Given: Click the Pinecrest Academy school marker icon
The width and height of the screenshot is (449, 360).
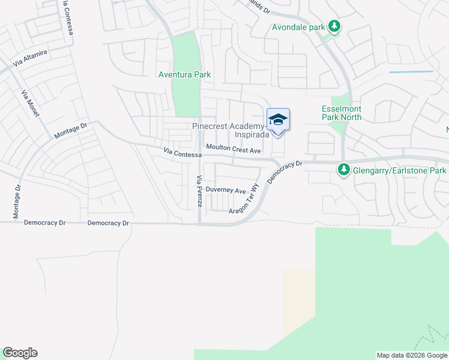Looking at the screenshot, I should click(x=278, y=120).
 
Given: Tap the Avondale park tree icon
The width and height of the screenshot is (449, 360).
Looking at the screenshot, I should click(x=335, y=26).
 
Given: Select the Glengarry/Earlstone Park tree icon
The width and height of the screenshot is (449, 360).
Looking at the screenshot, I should click(x=344, y=170).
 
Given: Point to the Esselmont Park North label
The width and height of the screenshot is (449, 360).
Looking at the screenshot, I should click(x=342, y=113).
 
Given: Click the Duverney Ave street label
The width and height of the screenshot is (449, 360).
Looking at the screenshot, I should click(x=226, y=191).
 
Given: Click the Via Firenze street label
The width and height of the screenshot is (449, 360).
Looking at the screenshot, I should click(x=199, y=191).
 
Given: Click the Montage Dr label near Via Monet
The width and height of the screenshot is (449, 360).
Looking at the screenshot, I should click(x=70, y=131).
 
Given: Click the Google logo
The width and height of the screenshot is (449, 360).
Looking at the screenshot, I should click(x=20, y=353).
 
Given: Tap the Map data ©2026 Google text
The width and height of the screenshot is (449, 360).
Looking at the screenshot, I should click(x=412, y=355).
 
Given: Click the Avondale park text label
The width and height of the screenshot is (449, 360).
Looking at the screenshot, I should click(x=298, y=27).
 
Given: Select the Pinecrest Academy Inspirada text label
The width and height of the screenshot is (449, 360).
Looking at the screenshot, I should click(x=229, y=130).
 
